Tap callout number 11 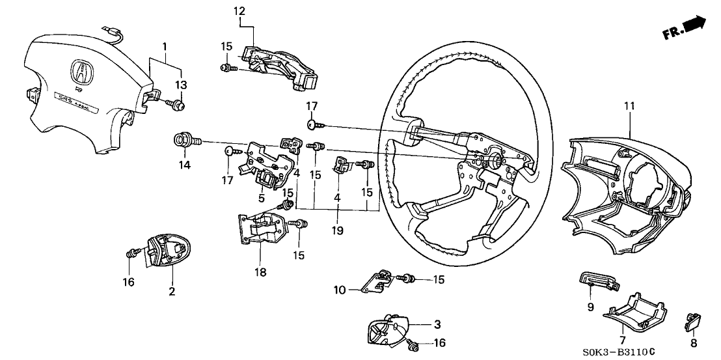629,105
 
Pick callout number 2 172,291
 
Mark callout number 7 622,340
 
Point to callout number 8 694,342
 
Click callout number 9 591,307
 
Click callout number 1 165,47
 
